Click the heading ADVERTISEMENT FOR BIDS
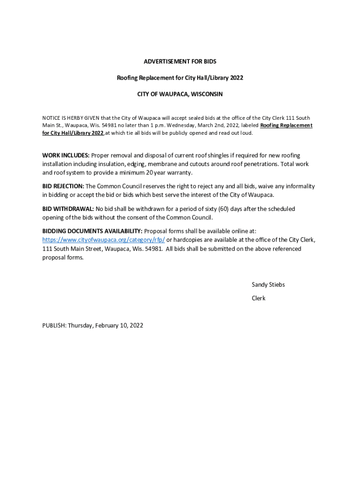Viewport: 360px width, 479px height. click(180, 61)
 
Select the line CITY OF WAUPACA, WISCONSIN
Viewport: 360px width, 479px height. click(180, 94)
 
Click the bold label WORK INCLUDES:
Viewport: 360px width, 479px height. click(66, 155)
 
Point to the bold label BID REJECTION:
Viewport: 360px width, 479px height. click(63, 186)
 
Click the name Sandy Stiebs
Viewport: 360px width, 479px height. click(268, 284)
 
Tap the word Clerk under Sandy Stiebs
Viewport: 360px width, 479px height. click(259, 298)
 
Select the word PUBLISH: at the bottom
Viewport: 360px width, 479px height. click(54, 325)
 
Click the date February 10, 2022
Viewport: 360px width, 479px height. click(120, 325)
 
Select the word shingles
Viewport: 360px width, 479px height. click(211, 155)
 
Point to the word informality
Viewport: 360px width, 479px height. click(297, 186)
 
